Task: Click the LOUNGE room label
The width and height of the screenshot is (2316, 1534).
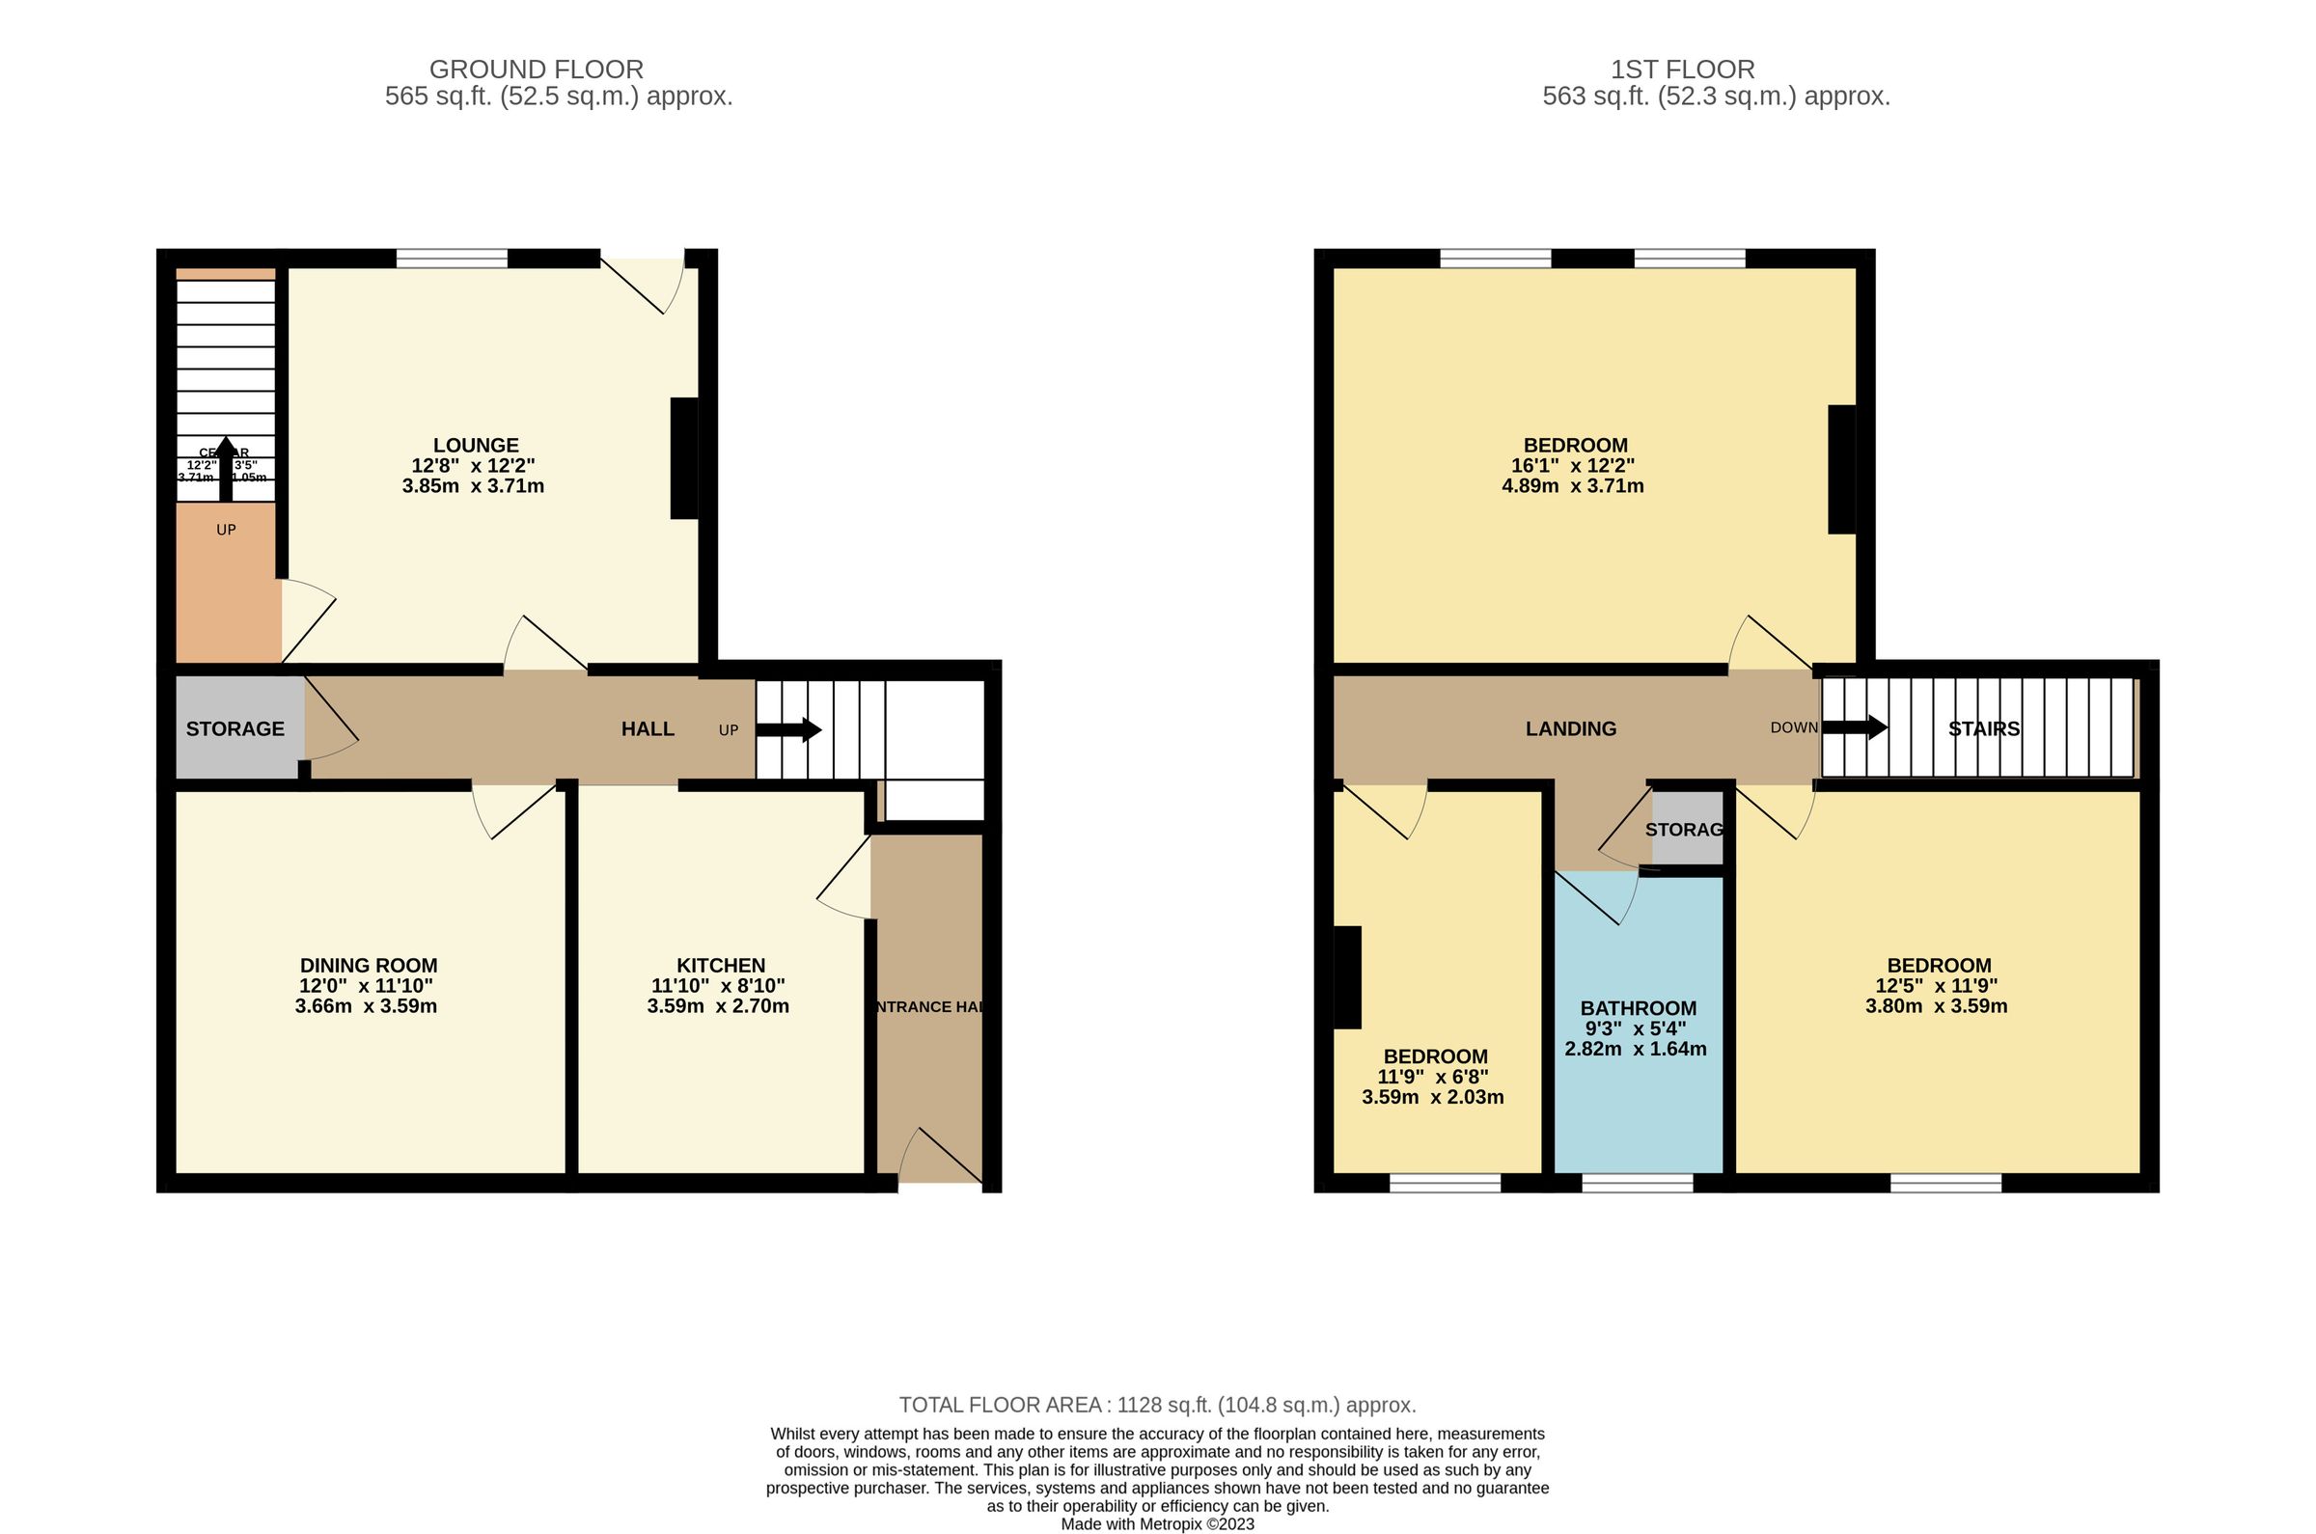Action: coord(476,446)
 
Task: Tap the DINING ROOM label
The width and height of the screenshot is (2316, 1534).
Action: coord(368,966)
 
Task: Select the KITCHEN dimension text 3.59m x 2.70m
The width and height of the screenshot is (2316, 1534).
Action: coord(717,1006)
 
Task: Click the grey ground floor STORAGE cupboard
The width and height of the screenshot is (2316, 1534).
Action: coord(234,728)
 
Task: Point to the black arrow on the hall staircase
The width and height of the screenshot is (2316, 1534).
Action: coord(788,729)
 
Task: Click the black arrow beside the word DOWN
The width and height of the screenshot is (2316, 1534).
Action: coord(1854,727)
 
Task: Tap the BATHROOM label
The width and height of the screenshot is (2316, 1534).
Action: coord(1638,1008)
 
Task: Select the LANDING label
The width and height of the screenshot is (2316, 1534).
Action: coord(1570,728)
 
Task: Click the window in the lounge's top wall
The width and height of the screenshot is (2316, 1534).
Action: coord(452,259)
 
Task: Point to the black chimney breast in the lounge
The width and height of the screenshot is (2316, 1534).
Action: coord(684,458)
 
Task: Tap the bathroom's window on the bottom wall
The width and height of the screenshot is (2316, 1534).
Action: coord(1637,1183)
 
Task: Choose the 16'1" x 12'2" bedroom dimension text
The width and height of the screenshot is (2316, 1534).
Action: coord(1572,466)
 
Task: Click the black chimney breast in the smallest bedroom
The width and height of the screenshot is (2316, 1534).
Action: coord(1347,977)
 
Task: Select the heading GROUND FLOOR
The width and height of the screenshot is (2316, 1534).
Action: coord(537,69)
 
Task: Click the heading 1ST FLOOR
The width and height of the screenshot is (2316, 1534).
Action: coord(1683,69)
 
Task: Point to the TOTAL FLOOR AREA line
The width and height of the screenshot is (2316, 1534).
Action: coord(1157,1405)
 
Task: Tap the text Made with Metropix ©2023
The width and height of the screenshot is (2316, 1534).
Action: coord(1157,1524)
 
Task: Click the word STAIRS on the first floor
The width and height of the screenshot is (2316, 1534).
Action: coord(1983,728)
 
